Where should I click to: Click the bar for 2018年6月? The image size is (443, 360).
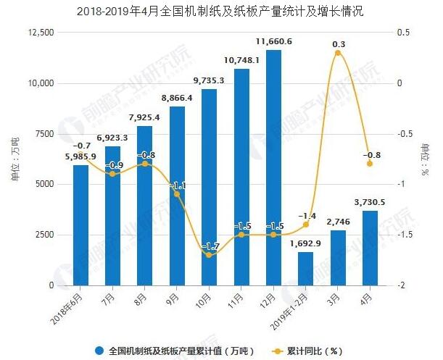(x=81, y=225)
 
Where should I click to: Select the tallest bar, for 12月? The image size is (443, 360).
(x=273, y=167)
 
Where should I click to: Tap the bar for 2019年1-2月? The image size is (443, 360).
(x=305, y=268)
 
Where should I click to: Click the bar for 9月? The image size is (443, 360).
(x=177, y=196)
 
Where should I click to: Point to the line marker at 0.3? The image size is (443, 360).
(x=338, y=53)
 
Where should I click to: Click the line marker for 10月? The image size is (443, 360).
(x=210, y=255)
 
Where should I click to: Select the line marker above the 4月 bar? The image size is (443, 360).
(x=370, y=164)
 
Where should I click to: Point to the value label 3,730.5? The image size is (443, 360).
(x=368, y=202)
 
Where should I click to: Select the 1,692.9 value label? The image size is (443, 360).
(x=305, y=243)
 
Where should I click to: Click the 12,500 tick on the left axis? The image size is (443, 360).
(x=40, y=33)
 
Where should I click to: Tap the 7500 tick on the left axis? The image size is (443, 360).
(x=44, y=134)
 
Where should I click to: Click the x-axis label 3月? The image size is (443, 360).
(x=334, y=296)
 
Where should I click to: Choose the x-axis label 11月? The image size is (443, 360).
(x=238, y=298)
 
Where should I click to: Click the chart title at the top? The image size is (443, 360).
(x=220, y=11)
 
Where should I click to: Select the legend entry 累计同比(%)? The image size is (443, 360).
(x=305, y=351)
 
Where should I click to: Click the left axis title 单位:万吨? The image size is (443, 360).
(x=15, y=159)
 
